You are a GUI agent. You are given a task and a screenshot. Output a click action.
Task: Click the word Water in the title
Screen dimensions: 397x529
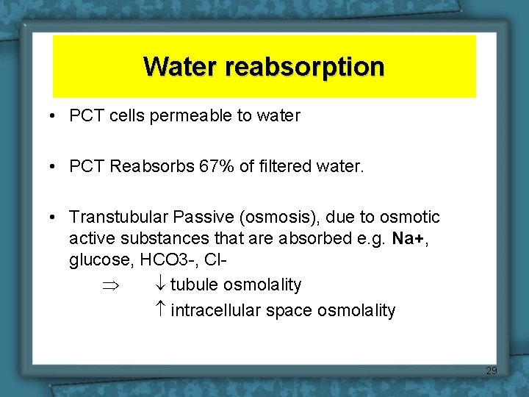181,66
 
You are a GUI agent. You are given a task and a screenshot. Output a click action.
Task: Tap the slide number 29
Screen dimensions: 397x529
492,371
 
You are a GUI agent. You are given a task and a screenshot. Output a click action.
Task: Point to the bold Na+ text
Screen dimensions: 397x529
407,238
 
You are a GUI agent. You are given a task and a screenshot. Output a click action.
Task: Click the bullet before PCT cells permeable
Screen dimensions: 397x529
55,116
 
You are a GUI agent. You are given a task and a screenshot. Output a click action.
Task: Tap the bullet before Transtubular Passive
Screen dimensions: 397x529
55,218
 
